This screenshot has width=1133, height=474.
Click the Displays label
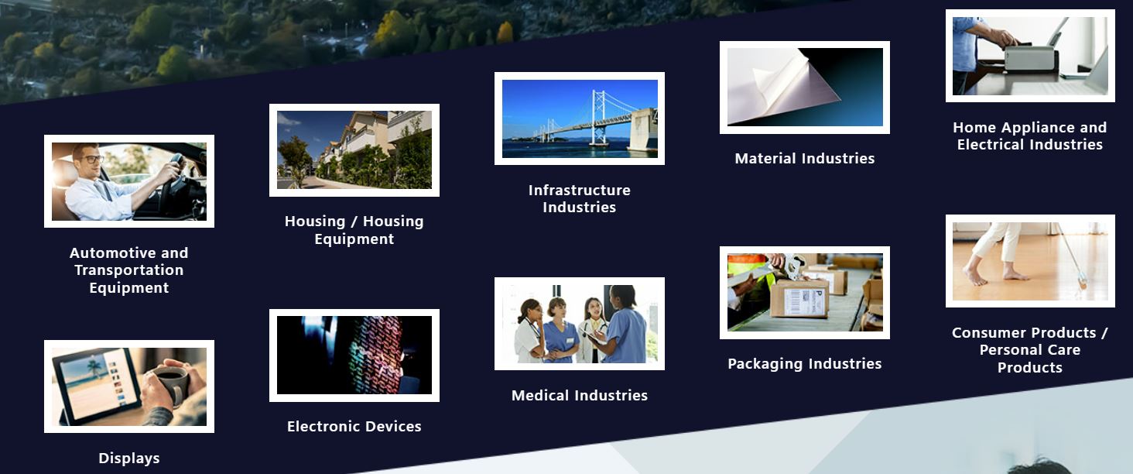pyautogui.click(x=129, y=458)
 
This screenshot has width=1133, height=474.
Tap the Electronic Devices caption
pyautogui.click(x=354, y=427)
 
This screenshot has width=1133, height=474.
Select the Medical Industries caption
pyautogui.click(x=579, y=395)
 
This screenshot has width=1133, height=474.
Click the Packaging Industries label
pyautogui.click(x=804, y=363)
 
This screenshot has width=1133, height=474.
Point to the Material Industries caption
pyautogui.click(x=804, y=159)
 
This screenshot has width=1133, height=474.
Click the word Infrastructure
pyautogui.click(x=579, y=190)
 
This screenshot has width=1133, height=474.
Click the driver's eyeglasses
pyautogui.click(x=91, y=159)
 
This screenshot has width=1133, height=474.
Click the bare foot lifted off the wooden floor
pyautogui.click(x=974, y=276)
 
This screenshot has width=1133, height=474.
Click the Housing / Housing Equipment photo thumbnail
pyautogui.click(x=354, y=150)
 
